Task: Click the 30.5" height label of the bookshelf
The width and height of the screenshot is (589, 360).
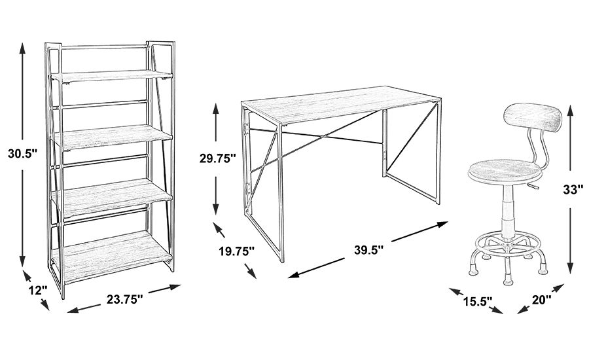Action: pos(22,154)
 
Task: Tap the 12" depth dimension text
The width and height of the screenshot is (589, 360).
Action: pos(38,290)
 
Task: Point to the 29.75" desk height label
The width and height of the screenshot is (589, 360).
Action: pos(217,158)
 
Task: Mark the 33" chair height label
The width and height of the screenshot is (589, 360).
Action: pos(573,190)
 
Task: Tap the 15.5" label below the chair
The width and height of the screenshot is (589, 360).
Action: pos(476,300)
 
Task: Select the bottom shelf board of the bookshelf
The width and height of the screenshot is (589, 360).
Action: pos(113,257)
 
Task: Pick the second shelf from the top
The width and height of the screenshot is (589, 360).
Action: pos(113,137)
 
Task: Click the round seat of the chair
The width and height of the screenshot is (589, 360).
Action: pos(505,171)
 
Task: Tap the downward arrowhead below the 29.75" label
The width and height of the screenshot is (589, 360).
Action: pos(215,208)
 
